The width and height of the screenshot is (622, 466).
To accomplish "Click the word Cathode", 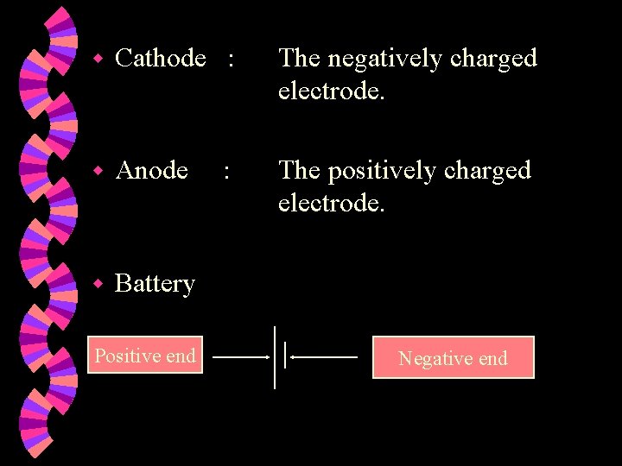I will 160,59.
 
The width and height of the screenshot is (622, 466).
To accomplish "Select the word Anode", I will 151,171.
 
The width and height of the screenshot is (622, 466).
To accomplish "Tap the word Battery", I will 155,283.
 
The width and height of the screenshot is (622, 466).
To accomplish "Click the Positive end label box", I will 144,356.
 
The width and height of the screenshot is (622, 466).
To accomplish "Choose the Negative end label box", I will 453,358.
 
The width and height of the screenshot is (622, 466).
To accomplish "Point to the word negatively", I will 383,59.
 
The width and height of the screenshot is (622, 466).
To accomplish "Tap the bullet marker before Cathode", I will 98,60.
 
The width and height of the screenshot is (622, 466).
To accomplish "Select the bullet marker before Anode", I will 98,172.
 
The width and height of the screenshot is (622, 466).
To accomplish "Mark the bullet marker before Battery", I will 98,284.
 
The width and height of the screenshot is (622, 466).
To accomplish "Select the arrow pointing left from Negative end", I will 324,356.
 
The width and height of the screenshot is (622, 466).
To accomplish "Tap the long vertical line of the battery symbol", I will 275,357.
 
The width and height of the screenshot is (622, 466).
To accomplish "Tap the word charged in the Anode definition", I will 487,171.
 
